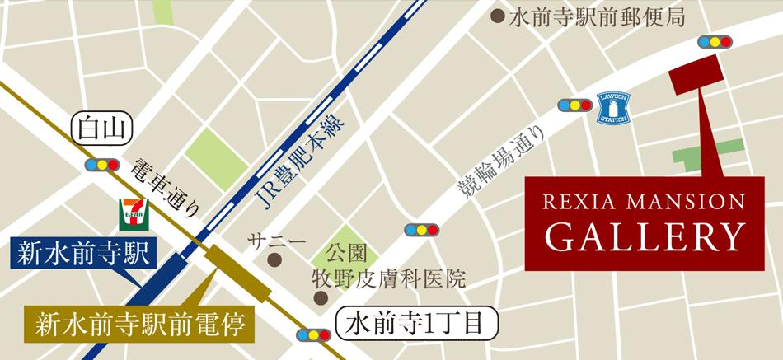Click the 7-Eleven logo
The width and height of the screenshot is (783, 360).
[x=131, y=212]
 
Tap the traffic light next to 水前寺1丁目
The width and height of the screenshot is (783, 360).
[x=312, y=335]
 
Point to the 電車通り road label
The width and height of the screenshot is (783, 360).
[x=164, y=189]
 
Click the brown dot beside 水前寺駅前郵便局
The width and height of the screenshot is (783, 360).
[x=497, y=16]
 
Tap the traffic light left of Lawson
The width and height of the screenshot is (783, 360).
[x=574, y=105]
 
